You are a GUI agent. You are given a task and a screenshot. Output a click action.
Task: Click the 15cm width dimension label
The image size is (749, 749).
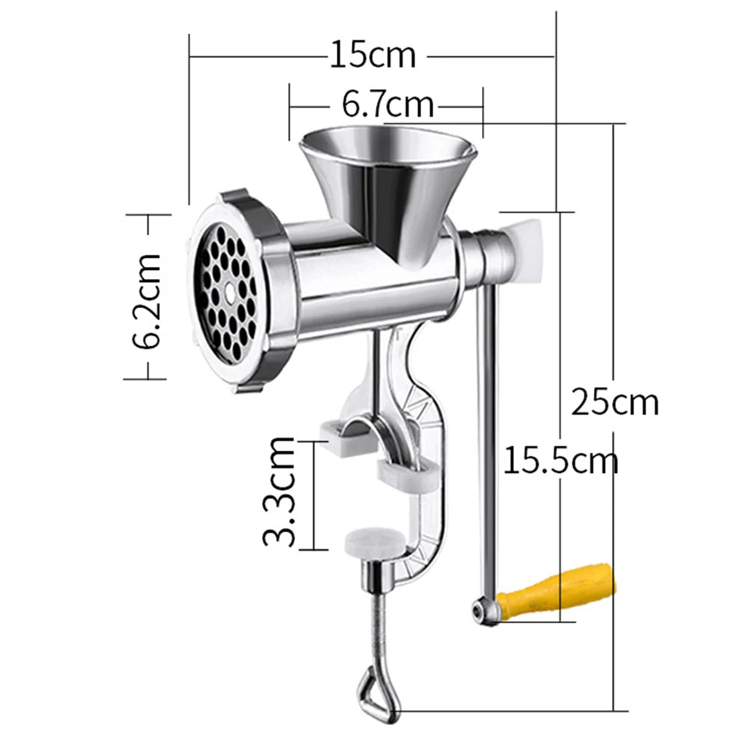pyautogui.click(x=372, y=55)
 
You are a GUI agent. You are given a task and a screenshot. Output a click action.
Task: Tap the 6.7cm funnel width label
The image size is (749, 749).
pyautogui.click(x=388, y=104)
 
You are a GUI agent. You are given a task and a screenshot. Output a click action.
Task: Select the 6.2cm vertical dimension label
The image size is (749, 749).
pyautogui.click(x=147, y=299)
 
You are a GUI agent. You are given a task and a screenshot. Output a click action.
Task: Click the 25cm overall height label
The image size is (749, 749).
pyautogui.click(x=614, y=402)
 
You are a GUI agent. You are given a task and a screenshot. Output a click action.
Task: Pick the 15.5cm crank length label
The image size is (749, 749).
pyautogui.click(x=560, y=459)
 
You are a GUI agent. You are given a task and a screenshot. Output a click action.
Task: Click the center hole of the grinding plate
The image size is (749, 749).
pyautogui.click(x=227, y=288)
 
